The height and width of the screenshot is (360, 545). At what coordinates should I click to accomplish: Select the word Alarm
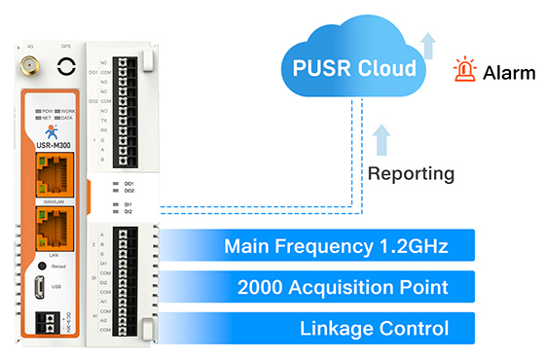[x=510, y=73]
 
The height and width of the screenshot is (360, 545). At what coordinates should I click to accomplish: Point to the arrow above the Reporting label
[x=381, y=136]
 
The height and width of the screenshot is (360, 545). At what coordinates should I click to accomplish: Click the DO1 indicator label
[x=127, y=182]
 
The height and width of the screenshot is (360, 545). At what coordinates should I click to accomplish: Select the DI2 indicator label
[x=127, y=210]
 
